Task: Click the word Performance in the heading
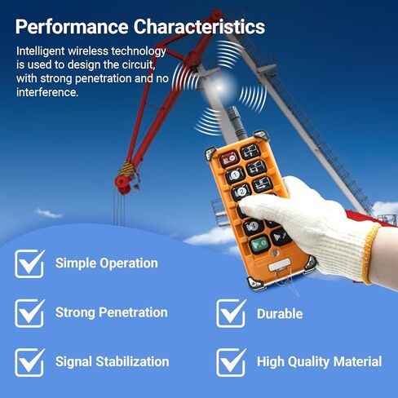click(72, 27)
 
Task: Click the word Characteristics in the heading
click(199, 27)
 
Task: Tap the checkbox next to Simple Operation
click(29, 263)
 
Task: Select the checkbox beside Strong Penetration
click(29, 313)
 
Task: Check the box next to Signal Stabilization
click(29, 362)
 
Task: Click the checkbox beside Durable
click(231, 313)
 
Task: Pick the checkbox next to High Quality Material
click(231, 362)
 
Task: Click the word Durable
click(280, 314)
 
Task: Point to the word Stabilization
click(132, 361)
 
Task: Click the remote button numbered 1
click(236, 175)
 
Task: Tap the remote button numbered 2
click(241, 192)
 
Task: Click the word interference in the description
click(47, 92)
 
